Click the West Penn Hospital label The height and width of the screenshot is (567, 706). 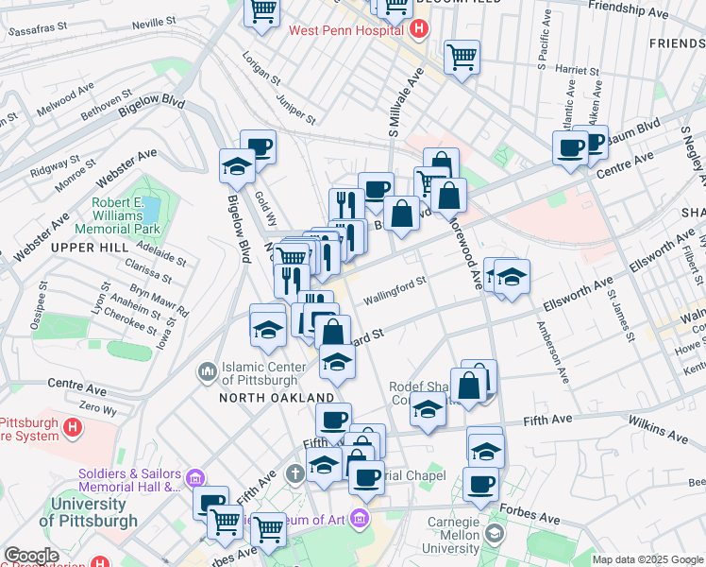(x=346, y=30)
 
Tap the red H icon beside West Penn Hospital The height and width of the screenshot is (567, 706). (x=419, y=29)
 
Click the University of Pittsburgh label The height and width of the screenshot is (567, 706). (x=88, y=511)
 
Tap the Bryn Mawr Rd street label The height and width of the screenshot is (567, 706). (x=158, y=299)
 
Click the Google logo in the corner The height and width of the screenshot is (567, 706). (x=31, y=556)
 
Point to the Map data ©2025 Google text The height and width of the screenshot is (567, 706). (x=647, y=559)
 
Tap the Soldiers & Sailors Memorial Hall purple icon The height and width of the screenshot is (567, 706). (x=194, y=474)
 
